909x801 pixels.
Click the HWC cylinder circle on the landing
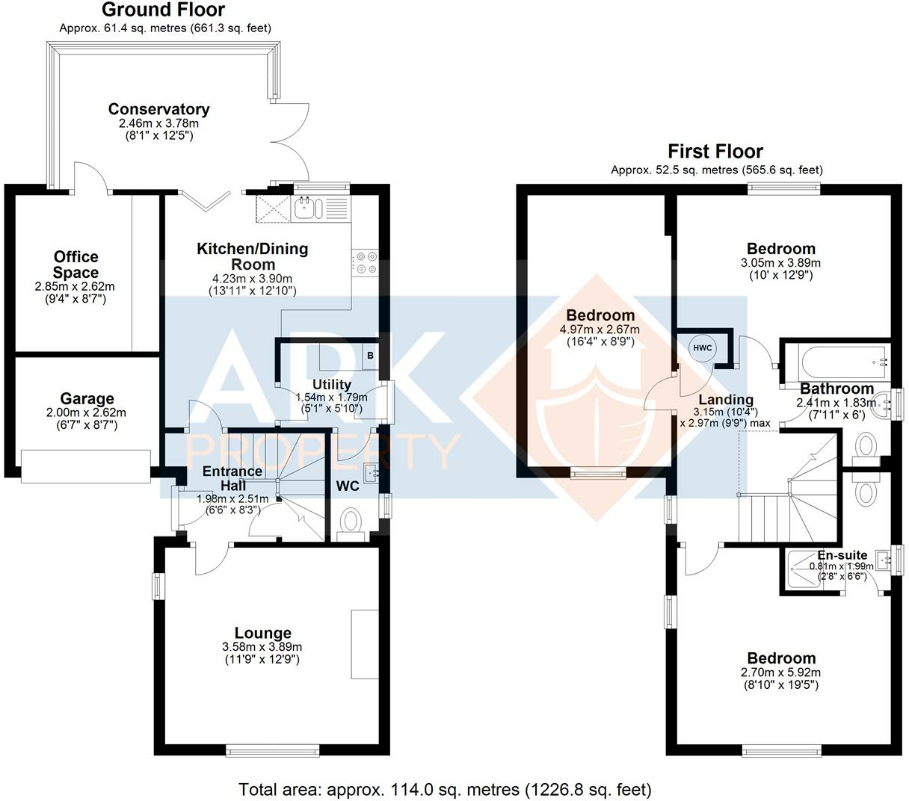(x=702, y=347)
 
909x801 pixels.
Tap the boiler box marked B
(x=371, y=356)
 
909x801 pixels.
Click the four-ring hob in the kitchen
(x=366, y=263)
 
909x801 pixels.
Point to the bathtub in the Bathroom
(x=842, y=363)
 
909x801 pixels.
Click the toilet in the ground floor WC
(x=351, y=525)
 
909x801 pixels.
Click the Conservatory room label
(x=158, y=109)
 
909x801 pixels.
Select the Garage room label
(x=87, y=398)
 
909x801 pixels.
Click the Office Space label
(x=76, y=265)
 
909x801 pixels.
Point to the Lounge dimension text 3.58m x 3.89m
(x=262, y=647)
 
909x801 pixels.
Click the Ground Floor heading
(x=163, y=10)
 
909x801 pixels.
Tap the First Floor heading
(x=715, y=151)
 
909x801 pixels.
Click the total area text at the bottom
(x=445, y=789)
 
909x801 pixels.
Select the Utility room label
(x=332, y=384)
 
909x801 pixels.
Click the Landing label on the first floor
(x=726, y=399)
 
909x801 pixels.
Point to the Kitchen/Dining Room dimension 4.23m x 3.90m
(x=252, y=278)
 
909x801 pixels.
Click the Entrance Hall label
(x=232, y=478)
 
